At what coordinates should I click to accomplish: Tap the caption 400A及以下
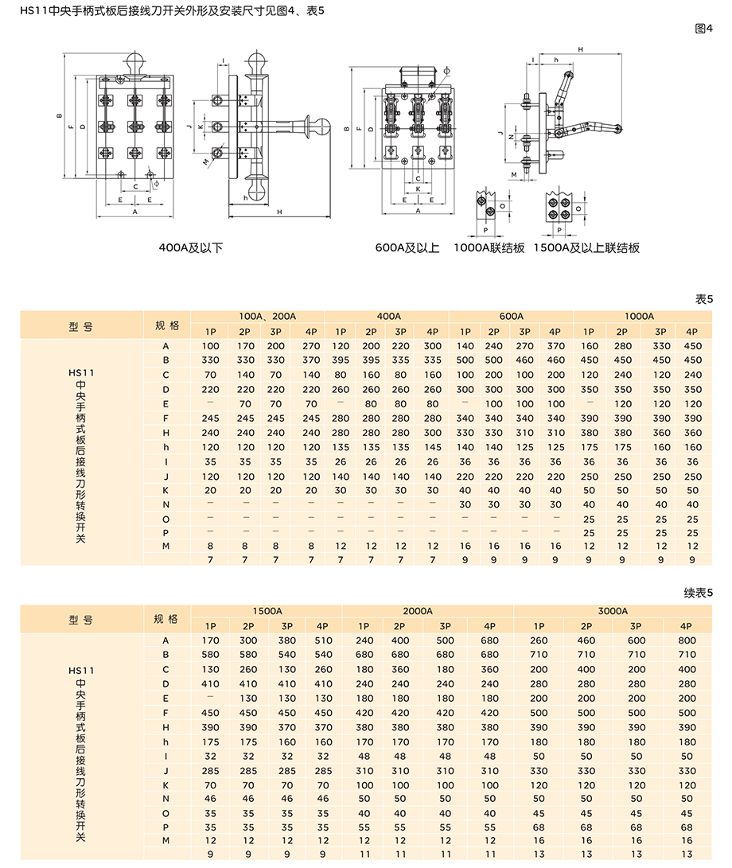(x=191, y=247)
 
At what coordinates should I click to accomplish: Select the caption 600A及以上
(x=407, y=247)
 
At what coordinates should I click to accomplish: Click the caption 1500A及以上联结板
(x=586, y=247)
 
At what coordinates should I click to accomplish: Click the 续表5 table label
(x=699, y=593)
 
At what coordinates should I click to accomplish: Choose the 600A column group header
(x=511, y=316)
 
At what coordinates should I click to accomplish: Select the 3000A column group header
(x=613, y=610)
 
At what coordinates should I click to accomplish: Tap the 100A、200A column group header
(x=267, y=316)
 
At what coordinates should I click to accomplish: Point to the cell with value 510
(x=323, y=640)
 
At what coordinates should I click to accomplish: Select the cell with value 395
(x=341, y=360)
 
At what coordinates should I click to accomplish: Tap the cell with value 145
(x=432, y=446)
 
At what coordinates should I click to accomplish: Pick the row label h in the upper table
(x=166, y=446)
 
